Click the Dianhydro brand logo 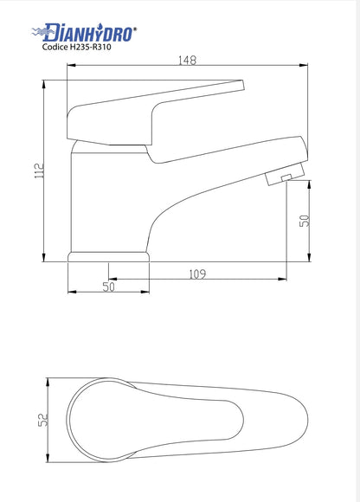coord(84,32)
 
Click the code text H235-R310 coord(91,47)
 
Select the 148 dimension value coord(187,61)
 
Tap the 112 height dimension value coord(39,171)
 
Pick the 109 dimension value coord(197,274)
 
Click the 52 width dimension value coord(43,420)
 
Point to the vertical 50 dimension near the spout coord(305,221)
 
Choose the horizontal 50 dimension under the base coord(108,286)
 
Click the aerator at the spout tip coord(285,174)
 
